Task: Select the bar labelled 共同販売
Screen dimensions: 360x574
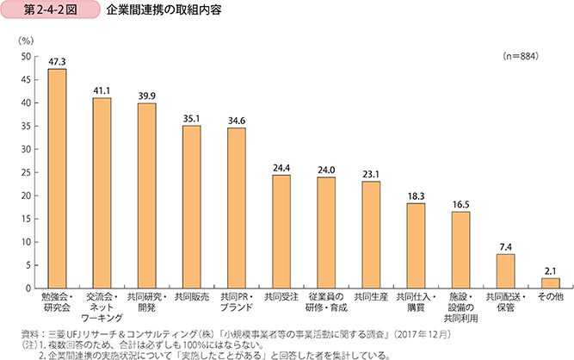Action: coord(192,206)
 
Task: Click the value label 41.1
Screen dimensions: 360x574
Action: coord(102,90)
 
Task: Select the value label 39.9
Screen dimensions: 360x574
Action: coord(146,96)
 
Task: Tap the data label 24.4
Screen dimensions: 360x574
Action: coord(281,167)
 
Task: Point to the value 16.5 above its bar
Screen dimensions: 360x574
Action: coord(460,203)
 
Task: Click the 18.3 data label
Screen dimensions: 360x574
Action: coord(416,196)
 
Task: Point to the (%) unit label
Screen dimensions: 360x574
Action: coord(25,40)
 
